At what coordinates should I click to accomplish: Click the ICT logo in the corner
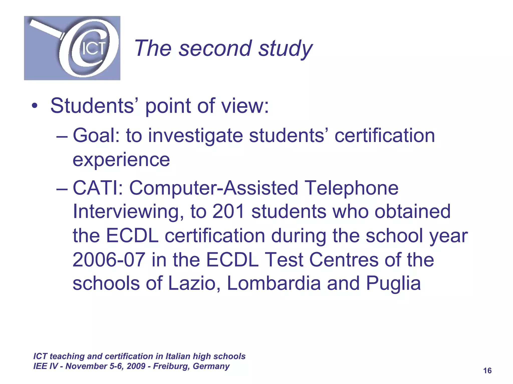[x=72, y=48]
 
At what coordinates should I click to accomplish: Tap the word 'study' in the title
[x=286, y=49]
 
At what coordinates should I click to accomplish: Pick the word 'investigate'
[x=196, y=136]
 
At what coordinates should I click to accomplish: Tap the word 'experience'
[x=121, y=160]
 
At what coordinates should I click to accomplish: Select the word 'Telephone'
[x=351, y=188]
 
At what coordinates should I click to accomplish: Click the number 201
[x=228, y=211]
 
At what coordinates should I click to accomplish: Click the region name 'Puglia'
[x=393, y=284]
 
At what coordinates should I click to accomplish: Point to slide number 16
[x=487, y=370]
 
